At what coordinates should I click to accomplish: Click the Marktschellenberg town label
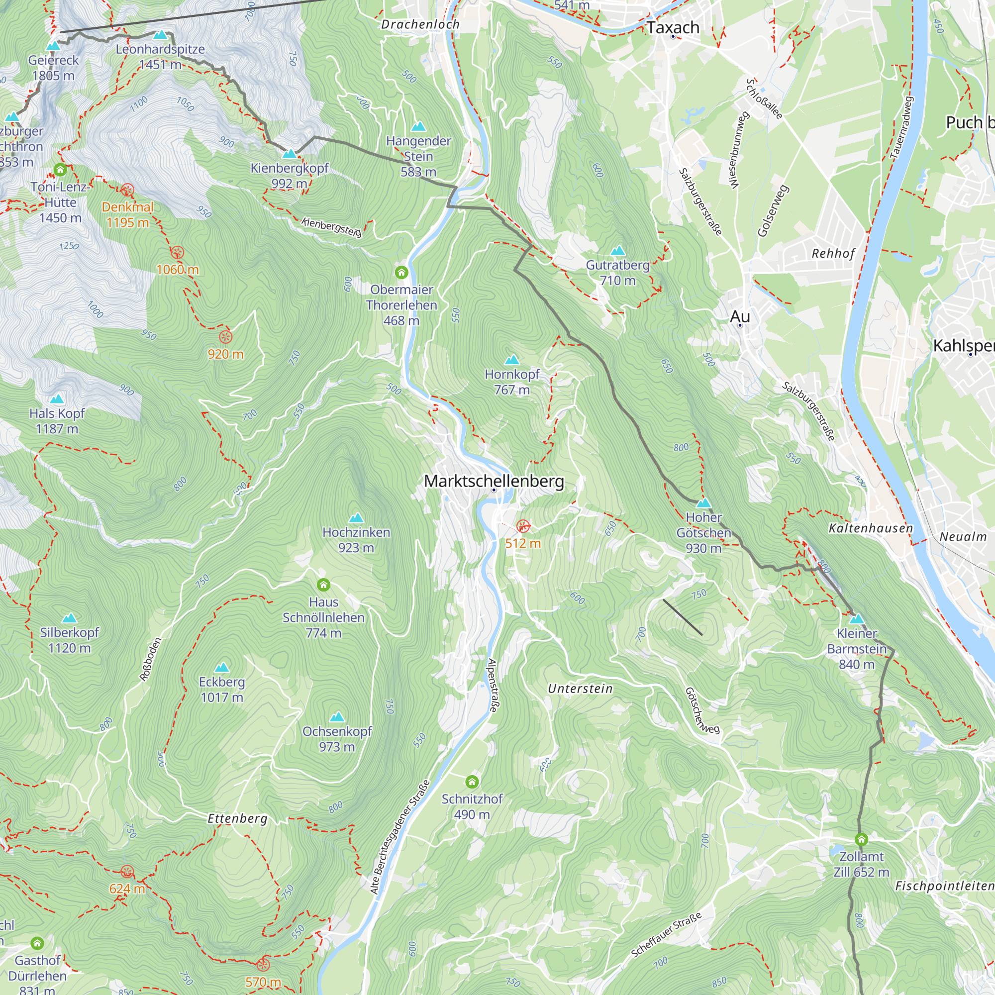coord(494,481)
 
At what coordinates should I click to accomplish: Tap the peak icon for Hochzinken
coord(356,517)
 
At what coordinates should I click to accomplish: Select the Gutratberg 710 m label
coord(617,273)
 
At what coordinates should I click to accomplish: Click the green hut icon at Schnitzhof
coord(472,782)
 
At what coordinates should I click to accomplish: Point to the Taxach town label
coord(673,27)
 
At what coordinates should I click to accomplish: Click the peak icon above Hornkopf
coord(511,360)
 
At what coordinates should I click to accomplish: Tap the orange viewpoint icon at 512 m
coord(523,526)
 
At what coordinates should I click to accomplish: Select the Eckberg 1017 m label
coord(221,689)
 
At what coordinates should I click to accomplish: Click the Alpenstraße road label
coord(493,685)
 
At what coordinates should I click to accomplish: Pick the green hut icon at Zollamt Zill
coord(861,839)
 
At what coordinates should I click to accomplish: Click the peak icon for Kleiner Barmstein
coord(857,618)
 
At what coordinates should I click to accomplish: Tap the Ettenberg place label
coord(237,818)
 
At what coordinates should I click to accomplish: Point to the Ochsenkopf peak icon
coord(337,717)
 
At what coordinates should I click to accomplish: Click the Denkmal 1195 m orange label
coord(127,215)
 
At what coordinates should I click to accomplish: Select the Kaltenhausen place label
coord(870,528)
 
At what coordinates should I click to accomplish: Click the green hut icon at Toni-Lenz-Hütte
coord(60,170)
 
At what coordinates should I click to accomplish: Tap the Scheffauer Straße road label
coord(666,935)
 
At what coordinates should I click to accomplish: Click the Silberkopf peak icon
coord(69,618)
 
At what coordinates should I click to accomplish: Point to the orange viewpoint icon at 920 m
coord(225,337)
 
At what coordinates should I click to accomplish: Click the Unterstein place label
coord(580,689)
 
